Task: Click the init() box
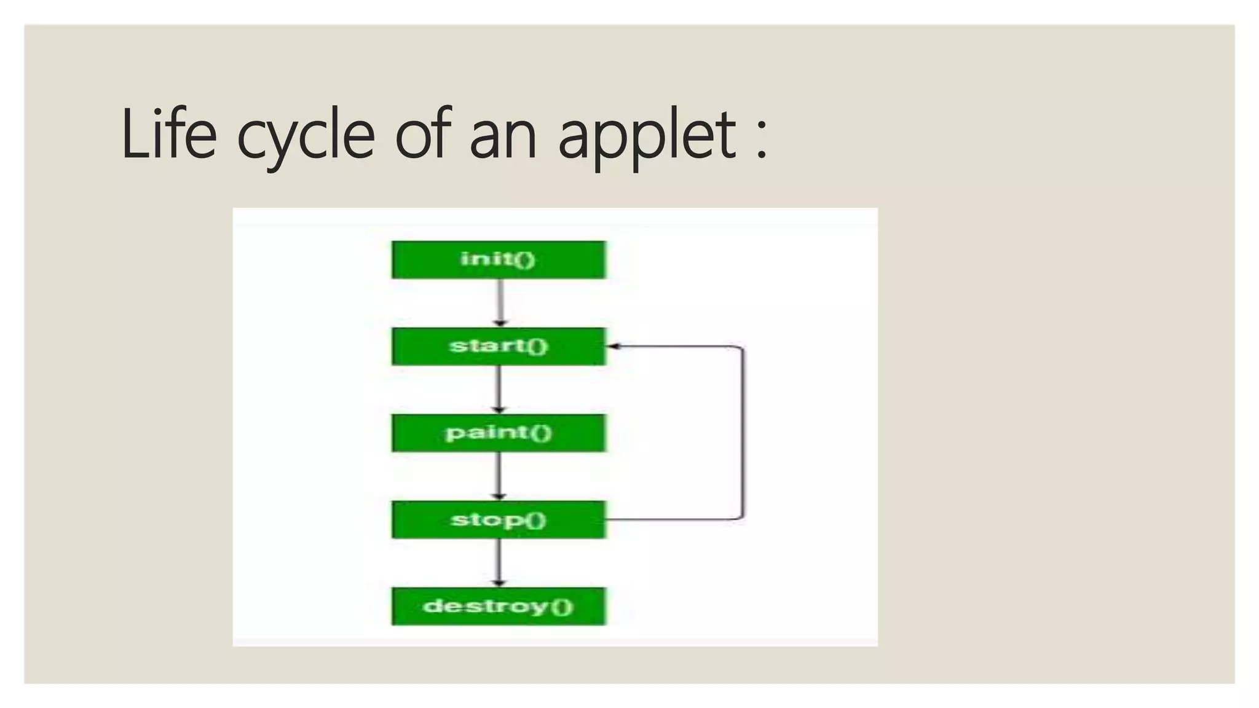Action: tap(499, 259)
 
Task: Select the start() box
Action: tap(499, 347)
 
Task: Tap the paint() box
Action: tap(499, 433)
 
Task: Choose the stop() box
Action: tap(499, 520)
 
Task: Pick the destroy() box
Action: tap(499, 607)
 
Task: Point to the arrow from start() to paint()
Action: tap(499, 389)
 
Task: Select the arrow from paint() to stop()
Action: tap(499, 476)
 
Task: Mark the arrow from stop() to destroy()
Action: tap(499, 562)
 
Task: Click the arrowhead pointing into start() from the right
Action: tap(614, 347)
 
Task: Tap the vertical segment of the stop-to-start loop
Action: tap(743, 433)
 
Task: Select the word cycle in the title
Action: tap(306, 136)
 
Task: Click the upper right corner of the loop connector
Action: tap(742, 348)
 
